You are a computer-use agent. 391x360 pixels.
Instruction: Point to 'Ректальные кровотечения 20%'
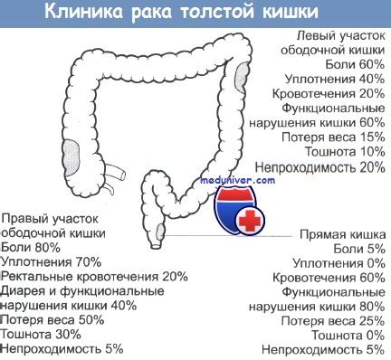click(x=95, y=277)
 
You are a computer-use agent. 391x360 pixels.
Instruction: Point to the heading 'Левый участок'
click(x=335, y=35)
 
